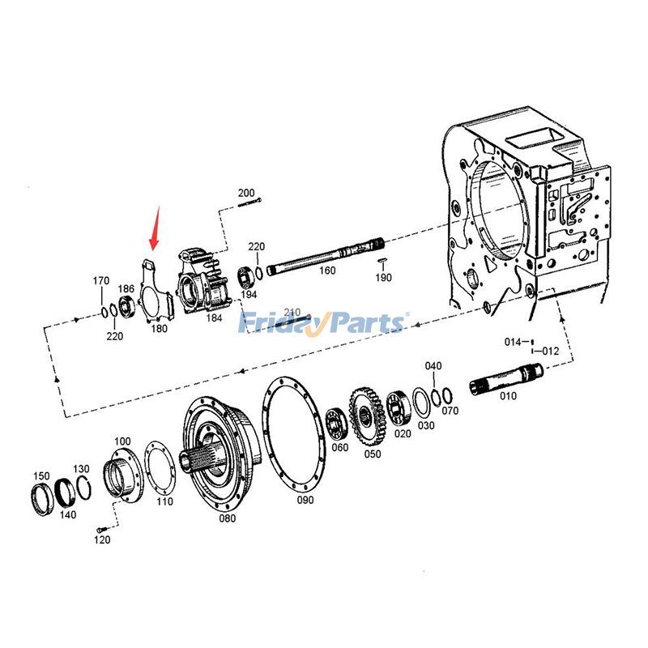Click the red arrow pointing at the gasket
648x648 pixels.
(154, 229)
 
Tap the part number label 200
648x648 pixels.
(246, 193)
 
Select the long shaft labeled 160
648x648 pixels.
(324, 257)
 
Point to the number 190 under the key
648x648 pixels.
(383, 278)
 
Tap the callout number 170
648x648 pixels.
(100, 281)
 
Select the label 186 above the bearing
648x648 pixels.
(126, 288)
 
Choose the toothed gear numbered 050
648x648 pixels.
(365, 417)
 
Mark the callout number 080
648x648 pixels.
(228, 518)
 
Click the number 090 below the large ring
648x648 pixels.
(305, 500)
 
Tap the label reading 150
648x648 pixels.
(40, 475)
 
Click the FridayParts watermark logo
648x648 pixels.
(323, 324)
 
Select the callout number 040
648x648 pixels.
(433, 366)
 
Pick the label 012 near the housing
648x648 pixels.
(551, 352)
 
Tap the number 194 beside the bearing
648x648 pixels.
(249, 295)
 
